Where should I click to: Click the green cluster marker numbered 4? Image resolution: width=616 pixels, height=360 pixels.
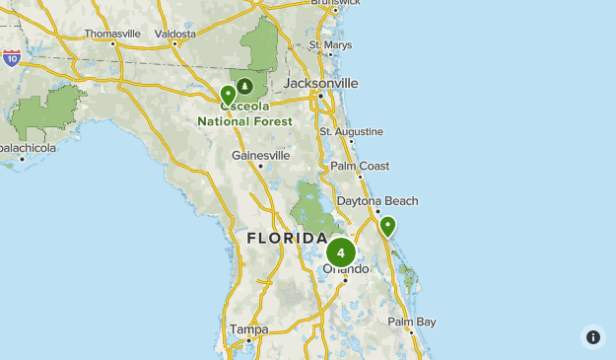pos(341,252)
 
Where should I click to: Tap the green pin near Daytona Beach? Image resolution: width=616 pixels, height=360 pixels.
pos(388,227)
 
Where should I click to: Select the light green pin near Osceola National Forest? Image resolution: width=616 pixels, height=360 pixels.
pos(228,96)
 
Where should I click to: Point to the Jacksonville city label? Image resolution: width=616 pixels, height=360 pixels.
pos(320,83)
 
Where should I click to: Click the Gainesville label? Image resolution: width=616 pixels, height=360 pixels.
pos(260,155)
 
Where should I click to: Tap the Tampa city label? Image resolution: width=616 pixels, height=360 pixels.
pos(248,328)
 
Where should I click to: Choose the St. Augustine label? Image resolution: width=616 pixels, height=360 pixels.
pos(351,131)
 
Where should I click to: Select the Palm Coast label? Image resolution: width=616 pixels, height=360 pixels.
pos(360,166)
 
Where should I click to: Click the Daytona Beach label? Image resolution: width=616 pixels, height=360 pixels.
pos(377,201)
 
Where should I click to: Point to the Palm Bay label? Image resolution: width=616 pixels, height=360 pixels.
pos(411,322)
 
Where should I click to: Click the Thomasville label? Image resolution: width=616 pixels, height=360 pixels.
pos(112,33)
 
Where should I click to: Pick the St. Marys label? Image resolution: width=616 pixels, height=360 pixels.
pos(330,44)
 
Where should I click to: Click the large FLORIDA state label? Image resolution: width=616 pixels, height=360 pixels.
pos(286,239)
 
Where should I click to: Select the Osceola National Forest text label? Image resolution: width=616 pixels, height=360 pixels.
pos(244,114)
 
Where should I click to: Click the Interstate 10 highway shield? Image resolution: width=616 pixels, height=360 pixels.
pos(11,58)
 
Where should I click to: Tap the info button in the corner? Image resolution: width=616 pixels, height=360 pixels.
pos(592,336)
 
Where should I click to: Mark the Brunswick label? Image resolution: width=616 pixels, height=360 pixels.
pos(335,3)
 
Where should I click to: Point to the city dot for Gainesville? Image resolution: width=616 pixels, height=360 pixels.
pos(260,166)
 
